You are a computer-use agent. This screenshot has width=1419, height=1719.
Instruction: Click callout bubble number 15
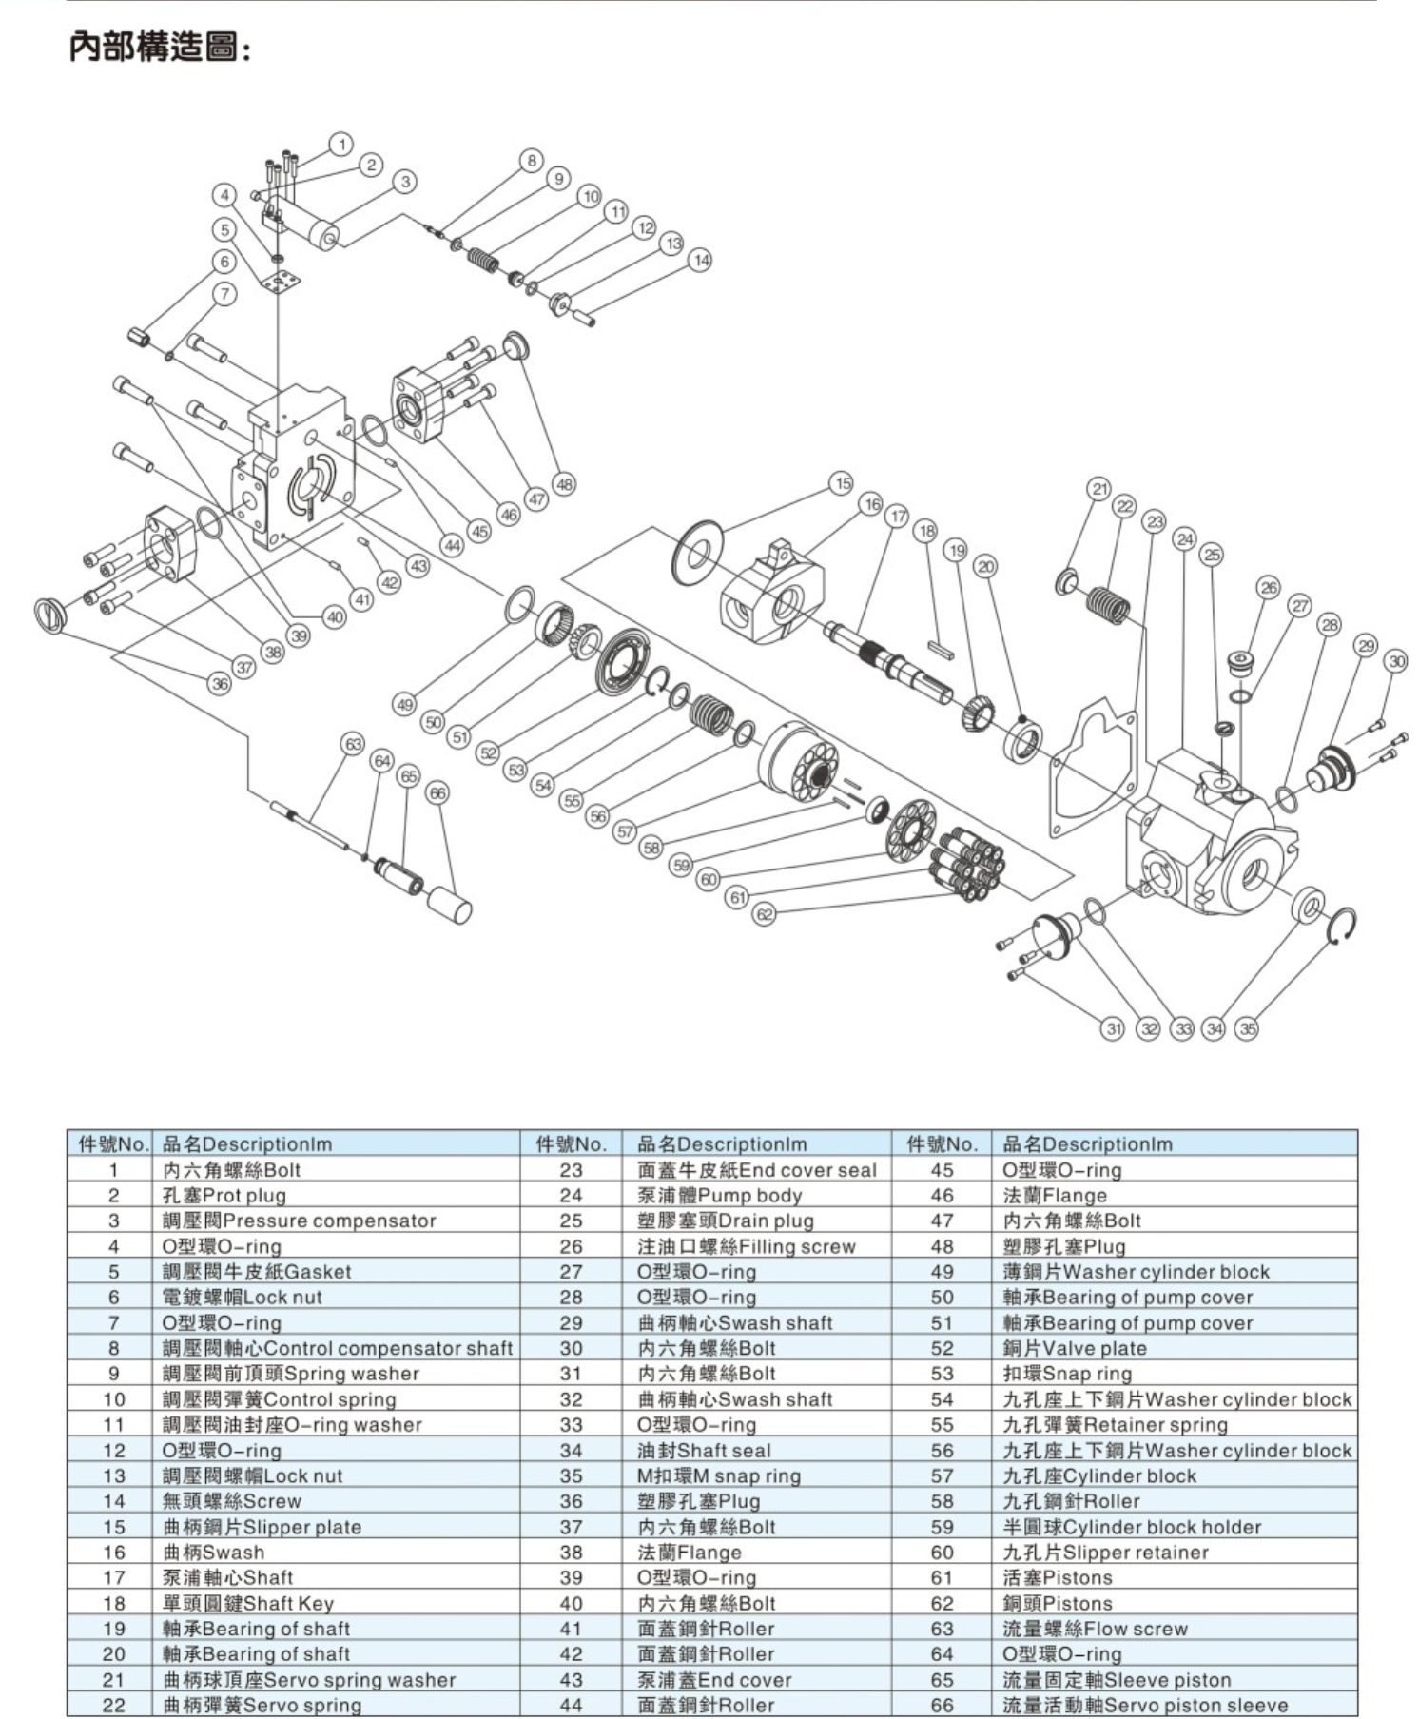click(842, 483)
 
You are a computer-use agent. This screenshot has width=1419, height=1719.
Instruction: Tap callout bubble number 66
click(437, 792)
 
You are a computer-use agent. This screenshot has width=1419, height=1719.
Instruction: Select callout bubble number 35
click(1247, 1027)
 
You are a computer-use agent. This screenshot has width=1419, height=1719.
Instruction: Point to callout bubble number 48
click(565, 484)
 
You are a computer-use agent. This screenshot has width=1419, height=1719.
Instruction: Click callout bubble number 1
click(341, 145)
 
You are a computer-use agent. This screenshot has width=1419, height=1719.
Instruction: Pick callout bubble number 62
click(765, 914)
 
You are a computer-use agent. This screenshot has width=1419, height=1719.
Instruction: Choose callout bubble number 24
click(1184, 539)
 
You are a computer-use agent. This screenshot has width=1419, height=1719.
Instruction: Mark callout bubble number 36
click(221, 683)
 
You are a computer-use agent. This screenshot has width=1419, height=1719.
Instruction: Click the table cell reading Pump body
click(719, 1195)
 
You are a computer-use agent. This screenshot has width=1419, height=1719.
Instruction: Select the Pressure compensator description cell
click(299, 1221)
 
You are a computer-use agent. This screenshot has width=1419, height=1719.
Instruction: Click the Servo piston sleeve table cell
click(1145, 1705)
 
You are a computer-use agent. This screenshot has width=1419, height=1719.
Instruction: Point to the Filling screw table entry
click(746, 1246)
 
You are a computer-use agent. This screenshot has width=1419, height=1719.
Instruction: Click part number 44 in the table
click(571, 1705)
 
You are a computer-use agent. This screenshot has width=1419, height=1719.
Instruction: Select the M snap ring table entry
click(718, 1475)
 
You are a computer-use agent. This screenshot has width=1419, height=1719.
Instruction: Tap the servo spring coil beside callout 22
click(1108, 604)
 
